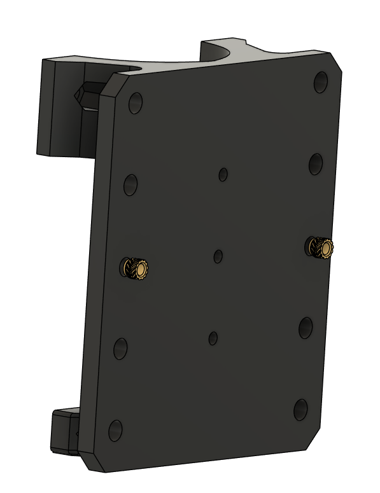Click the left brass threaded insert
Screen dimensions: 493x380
coord(136,268)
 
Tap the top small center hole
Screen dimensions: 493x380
coord(223,174)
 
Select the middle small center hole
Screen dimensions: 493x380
coord(218,256)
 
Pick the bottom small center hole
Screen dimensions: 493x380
coord(213,338)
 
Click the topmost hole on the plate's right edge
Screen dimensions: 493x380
coord(321,81)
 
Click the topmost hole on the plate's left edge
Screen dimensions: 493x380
coord(135,103)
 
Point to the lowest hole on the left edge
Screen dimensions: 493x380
coord(115,430)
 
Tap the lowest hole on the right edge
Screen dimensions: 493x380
coord(300,410)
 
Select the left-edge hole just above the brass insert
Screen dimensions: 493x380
coord(130,184)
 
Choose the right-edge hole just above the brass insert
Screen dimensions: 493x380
coord(316,163)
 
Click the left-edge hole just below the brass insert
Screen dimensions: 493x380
coord(120,348)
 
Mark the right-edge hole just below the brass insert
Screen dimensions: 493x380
coord(306,327)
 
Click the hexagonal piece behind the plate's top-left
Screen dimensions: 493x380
coord(85,95)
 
